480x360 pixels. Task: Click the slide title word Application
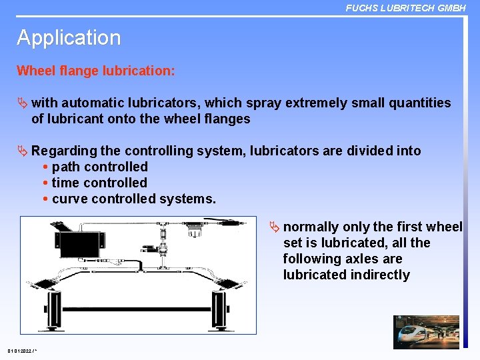click(69, 38)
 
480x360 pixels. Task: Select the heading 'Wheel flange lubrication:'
click(96, 71)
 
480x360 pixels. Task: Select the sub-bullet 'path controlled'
click(99, 167)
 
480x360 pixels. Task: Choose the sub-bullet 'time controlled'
click(99, 183)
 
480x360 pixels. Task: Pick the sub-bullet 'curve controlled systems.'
click(133, 199)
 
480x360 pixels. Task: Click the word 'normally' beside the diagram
click(311, 227)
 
